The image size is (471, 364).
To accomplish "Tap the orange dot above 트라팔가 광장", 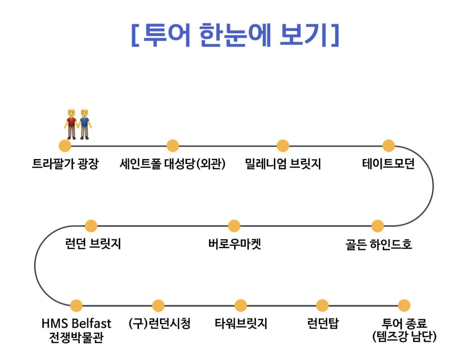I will [x=65, y=145].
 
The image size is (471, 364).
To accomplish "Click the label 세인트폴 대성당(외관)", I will [x=172, y=164].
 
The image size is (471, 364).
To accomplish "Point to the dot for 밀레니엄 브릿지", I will [x=283, y=145].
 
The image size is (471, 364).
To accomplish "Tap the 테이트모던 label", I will [x=388, y=164].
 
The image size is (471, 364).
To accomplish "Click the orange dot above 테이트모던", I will [x=388, y=145].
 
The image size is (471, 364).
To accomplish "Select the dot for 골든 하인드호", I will [x=377, y=226].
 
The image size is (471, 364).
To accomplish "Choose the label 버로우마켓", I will [x=235, y=244].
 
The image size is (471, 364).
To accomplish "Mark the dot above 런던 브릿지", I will [x=91, y=226].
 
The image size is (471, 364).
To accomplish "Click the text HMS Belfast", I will [x=76, y=323].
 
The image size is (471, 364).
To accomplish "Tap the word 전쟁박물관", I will [x=76, y=337].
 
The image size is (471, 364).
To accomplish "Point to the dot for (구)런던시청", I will [x=158, y=306].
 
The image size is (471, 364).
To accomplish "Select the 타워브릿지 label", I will [x=241, y=323].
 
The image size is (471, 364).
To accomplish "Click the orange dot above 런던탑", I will [x=322, y=306].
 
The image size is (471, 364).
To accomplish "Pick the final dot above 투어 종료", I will [x=404, y=306].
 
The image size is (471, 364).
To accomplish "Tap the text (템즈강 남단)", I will [x=404, y=337].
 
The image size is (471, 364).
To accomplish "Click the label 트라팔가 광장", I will [x=65, y=164].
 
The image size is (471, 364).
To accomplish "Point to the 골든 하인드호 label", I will [x=379, y=244].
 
